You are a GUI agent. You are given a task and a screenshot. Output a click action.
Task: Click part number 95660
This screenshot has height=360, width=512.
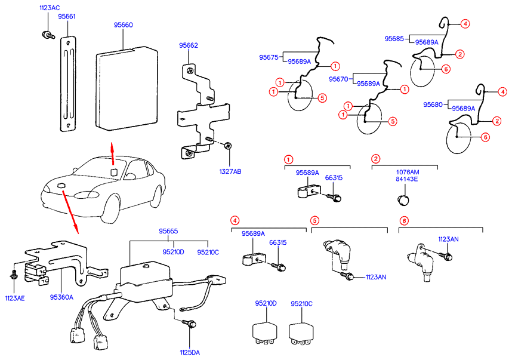[x=124, y=25]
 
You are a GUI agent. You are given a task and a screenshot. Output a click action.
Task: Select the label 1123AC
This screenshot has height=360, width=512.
[x=50, y=8]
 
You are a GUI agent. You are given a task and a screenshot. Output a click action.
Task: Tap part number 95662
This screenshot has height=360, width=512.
[x=189, y=45]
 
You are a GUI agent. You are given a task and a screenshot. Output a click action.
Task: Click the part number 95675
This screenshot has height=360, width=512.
[x=269, y=57]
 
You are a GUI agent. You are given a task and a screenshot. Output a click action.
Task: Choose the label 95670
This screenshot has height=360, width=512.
[x=338, y=79]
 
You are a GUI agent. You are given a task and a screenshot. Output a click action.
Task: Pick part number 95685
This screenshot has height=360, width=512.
[x=394, y=38]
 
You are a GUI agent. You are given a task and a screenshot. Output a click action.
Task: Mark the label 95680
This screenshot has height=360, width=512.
[x=434, y=104]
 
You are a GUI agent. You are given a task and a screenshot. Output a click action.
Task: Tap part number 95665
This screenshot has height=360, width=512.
[x=168, y=231]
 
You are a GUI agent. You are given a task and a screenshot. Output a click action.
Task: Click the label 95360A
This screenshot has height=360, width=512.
[x=61, y=297]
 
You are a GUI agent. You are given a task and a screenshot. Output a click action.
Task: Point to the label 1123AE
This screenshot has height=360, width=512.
[x=15, y=297]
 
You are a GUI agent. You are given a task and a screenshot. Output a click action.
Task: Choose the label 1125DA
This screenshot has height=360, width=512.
[x=190, y=352]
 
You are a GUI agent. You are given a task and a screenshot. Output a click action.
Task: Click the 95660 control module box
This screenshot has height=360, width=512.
[x=127, y=90]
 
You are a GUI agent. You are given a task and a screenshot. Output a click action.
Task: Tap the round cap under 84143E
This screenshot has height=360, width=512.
[x=403, y=199]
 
